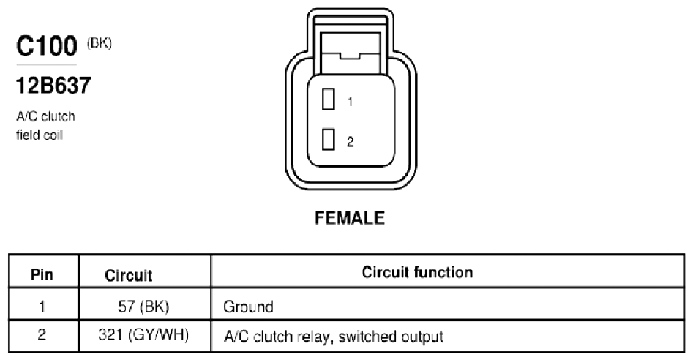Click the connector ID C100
point(46,46)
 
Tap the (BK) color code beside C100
point(100,43)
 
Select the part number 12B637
point(53,86)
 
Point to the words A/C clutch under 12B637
point(45,116)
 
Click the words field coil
point(40,135)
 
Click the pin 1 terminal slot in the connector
point(328,99)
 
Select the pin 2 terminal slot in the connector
point(328,139)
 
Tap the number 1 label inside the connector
point(350,102)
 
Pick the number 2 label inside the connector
point(350,142)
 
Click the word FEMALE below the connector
point(350,218)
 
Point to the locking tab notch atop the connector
point(350,56)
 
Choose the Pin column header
point(42,274)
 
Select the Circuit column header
point(129,275)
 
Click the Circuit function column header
point(417,272)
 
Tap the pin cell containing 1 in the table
point(42,306)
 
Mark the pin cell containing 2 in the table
point(42,334)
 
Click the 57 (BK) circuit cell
point(143,306)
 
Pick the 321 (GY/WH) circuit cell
point(143,335)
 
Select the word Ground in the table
point(248,307)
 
